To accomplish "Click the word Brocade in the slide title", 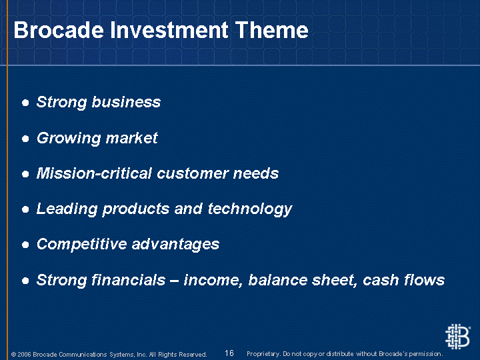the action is (59, 30).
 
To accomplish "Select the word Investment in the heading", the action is (169, 30).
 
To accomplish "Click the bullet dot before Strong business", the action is (25, 103).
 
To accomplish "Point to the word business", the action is (126, 102).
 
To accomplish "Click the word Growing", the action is (69, 139).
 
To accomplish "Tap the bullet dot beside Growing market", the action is (25, 139).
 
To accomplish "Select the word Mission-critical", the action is (94, 173).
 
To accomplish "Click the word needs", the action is (256, 173).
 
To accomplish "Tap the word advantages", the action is (176, 245).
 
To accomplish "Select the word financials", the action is (129, 280).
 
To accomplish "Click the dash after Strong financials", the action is (175, 281).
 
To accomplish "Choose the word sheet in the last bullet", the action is (335, 280).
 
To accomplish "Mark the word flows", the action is (425, 280).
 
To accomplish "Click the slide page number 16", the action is (229, 353).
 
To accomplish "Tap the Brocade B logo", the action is (457, 337).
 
